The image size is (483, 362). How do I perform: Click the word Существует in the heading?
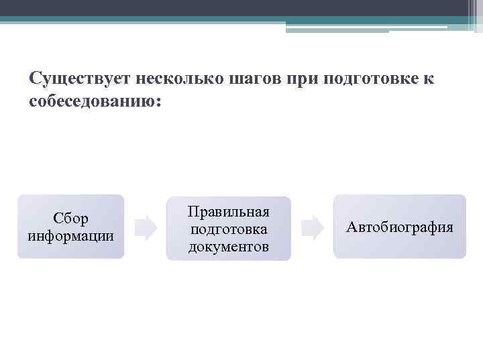[80, 79]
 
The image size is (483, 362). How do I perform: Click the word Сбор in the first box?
[71, 219]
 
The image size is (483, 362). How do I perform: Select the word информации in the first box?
[71, 236]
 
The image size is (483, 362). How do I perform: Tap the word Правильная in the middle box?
[229, 213]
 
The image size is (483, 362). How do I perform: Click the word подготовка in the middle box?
[229, 229]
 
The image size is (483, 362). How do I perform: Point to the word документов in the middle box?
[229, 247]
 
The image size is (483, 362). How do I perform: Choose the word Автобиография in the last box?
[400, 228]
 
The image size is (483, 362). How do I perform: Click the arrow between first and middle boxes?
[146, 228]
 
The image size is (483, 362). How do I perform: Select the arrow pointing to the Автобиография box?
[312, 228]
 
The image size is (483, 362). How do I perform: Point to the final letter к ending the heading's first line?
[429, 80]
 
